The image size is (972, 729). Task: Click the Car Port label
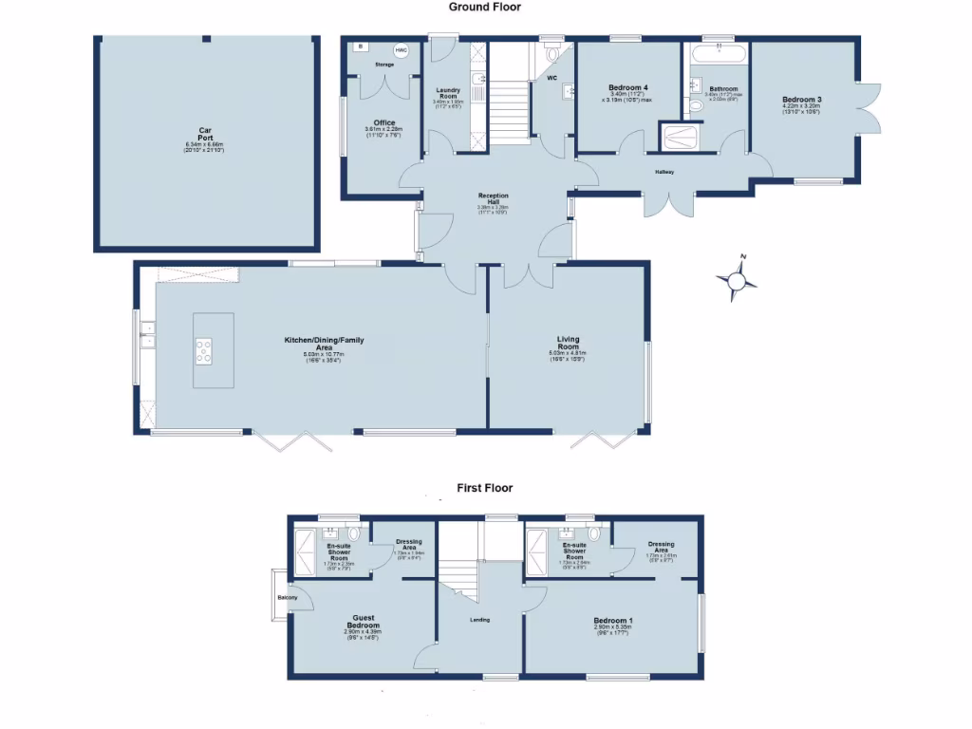(204, 134)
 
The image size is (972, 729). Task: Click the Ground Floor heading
(485, 7)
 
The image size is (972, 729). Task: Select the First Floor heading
(484, 488)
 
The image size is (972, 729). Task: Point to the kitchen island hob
(204, 351)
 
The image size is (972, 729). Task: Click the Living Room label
(568, 343)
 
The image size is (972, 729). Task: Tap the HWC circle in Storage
(401, 50)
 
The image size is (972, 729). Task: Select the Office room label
(384, 122)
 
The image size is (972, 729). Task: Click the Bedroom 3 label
(801, 100)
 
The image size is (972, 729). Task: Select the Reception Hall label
(494, 198)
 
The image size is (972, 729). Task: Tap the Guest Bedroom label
(364, 622)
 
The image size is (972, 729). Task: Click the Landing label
(479, 622)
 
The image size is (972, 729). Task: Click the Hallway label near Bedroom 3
(664, 172)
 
